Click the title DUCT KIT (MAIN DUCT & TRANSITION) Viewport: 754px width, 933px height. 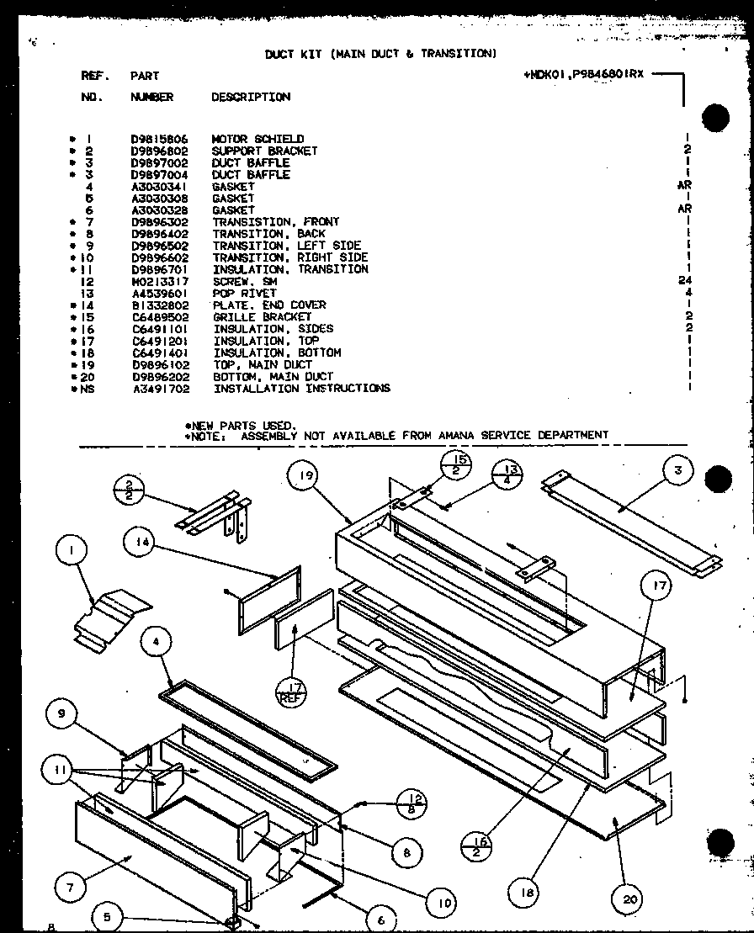point(380,53)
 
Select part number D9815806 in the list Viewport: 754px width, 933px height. point(159,139)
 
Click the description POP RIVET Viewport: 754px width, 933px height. point(244,293)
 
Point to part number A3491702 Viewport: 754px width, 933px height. point(160,389)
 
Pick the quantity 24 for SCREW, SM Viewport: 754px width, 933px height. point(685,281)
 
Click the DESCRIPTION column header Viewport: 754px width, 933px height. point(251,97)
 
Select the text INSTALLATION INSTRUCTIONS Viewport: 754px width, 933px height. point(301,389)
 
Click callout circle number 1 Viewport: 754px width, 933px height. point(72,552)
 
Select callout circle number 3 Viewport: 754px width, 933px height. point(678,470)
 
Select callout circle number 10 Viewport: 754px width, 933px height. point(439,903)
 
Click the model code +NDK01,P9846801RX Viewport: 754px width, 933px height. point(583,74)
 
